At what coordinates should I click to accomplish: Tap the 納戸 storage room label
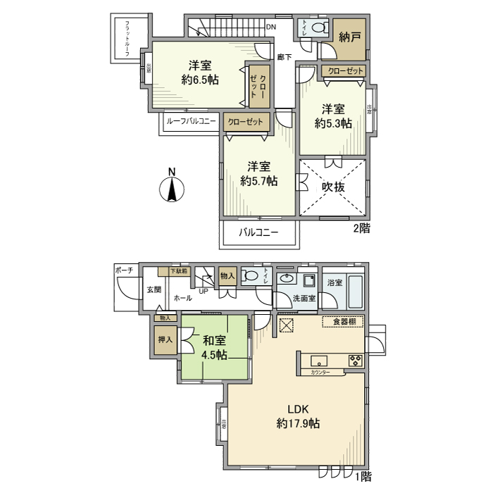pos(350,36)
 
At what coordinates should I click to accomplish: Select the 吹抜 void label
pos(333,187)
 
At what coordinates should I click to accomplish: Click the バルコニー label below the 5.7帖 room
pos(258,232)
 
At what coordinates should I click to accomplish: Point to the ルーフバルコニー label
pos(191,121)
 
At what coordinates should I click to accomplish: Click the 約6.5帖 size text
pos(199,80)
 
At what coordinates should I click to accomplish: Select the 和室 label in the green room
pos(214,340)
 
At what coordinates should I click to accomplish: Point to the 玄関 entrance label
pos(154,289)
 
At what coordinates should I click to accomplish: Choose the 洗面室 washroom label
pos(306,298)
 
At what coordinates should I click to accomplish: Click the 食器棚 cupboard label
pos(343,322)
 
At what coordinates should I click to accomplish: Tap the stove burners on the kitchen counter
pos(354,362)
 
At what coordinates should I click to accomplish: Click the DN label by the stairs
pos(270,28)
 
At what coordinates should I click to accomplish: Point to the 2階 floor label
pos(361,228)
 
